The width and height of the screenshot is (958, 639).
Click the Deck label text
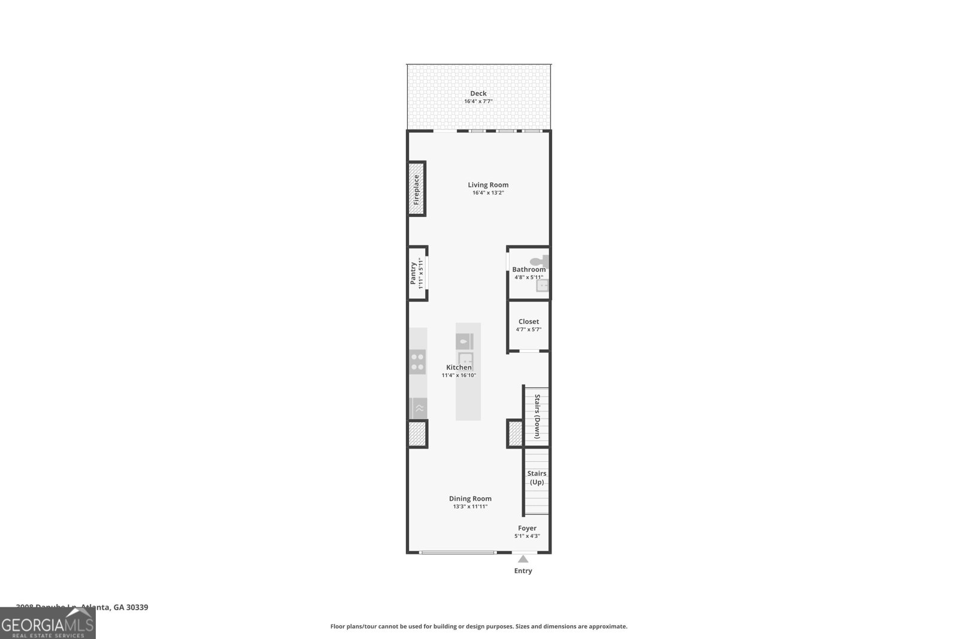(478, 93)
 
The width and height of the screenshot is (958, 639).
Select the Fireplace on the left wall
(416, 189)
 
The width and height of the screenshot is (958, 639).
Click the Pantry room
(417, 273)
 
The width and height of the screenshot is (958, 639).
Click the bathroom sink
(542, 286)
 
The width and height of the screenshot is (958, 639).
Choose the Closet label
(528, 322)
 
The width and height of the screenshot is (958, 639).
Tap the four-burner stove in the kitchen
(417, 362)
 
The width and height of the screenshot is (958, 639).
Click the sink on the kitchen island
(466, 359)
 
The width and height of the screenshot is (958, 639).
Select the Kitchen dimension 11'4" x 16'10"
(459, 375)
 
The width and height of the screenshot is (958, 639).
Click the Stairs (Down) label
(537, 416)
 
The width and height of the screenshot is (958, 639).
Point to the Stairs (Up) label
(536, 477)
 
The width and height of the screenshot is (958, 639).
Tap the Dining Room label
(470, 498)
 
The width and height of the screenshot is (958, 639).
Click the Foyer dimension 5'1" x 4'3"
(527, 536)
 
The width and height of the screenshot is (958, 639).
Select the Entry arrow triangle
(523, 559)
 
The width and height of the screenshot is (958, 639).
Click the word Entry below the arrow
(523, 571)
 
